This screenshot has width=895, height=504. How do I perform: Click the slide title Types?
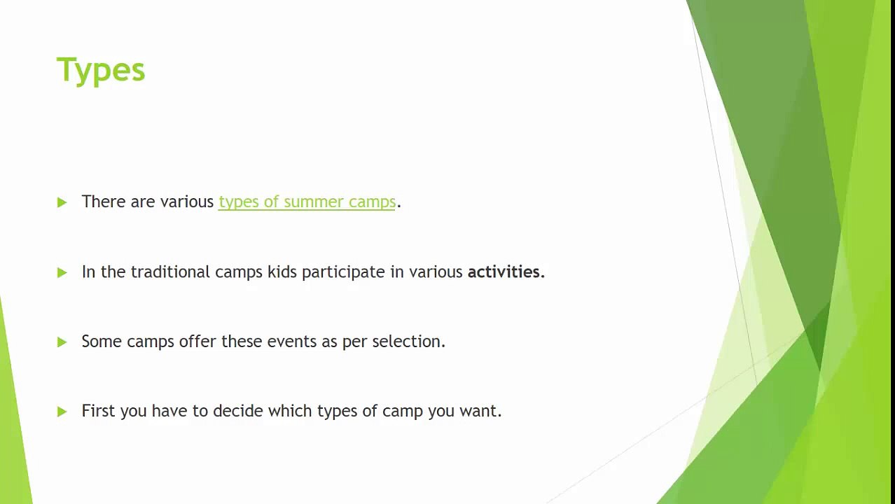[x=101, y=71]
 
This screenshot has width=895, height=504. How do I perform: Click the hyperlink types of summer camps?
[x=307, y=202]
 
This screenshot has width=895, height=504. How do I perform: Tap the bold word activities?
[x=505, y=272]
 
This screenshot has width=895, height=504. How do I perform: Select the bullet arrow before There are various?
[x=62, y=202]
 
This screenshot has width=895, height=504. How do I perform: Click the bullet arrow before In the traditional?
[x=62, y=272]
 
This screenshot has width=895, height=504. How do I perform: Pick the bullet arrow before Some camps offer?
[x=62, y=342]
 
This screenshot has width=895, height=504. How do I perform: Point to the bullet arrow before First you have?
[x=62, y=412]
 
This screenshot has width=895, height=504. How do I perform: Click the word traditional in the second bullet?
[x=170, y=272]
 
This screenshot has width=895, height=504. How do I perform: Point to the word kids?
[x=282, y=272]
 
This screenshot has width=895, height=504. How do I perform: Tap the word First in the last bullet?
[x=97, y=411]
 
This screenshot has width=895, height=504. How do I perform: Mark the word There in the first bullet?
[x=103, y=202]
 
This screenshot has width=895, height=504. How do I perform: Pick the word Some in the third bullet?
[x=102, y=342]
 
